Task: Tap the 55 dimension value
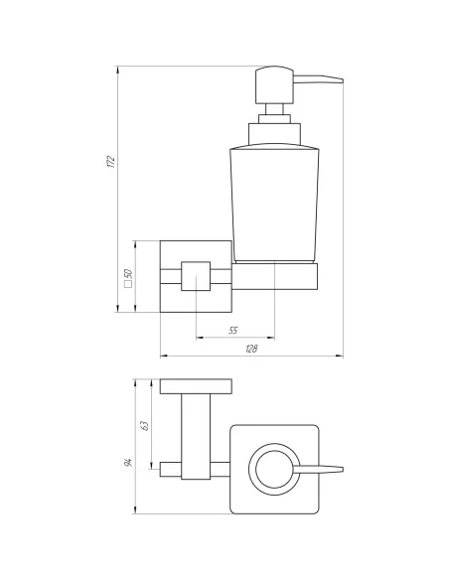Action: pyautogui.click(x=234, y=329)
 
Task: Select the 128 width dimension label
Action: pyautogui.click(x=252, y=349)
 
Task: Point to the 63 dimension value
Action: pyautogui.click(x=146, y=425)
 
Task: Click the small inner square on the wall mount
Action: pyautogui.click(x=198, y=278)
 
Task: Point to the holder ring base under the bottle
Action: pyautogui.click(x=275, y=275)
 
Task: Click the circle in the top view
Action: pyautogui.click(x=272, y=469)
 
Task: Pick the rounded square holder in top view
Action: pyautogui.click(x=275, y=469)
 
